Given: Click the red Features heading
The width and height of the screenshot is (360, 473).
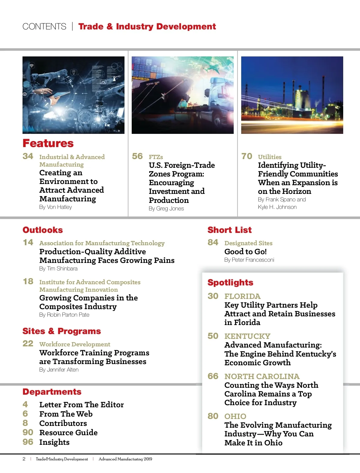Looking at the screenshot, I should tap(48, 143).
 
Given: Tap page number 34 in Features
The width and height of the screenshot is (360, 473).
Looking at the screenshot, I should tap(28, 156).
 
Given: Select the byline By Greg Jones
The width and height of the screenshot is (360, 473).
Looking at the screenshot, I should tap(166, 209).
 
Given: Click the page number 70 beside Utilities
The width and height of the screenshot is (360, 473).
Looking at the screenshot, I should tap(247, 156).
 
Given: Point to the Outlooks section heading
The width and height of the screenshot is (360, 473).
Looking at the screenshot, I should tap(43, 230).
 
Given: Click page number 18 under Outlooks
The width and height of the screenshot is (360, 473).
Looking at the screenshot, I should tap(28, 282).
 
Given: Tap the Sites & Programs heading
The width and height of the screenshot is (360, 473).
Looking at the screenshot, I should tap(61, 331).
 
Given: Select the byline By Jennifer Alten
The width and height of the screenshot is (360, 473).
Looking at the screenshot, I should tap(59, 370).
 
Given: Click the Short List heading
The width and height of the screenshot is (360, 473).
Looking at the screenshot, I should tap(229, 230).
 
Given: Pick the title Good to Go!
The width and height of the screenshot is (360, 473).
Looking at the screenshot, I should tap(245, 252).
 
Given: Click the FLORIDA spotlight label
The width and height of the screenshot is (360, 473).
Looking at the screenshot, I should tap(242, 297).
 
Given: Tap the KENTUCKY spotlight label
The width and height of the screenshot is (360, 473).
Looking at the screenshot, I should tap(247, 336).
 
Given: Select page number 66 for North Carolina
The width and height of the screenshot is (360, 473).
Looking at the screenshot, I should tap(213, 376).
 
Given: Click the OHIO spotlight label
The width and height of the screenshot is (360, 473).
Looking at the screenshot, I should tap(235, 417).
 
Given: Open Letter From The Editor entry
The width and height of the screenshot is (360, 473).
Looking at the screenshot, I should tap(81, 405).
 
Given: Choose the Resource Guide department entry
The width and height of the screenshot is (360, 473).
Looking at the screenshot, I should tap(68, 433).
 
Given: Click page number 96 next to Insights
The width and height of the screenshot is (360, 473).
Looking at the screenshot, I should tap(28, 442).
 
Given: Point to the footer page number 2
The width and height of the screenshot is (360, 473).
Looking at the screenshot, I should tap(24, 459).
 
